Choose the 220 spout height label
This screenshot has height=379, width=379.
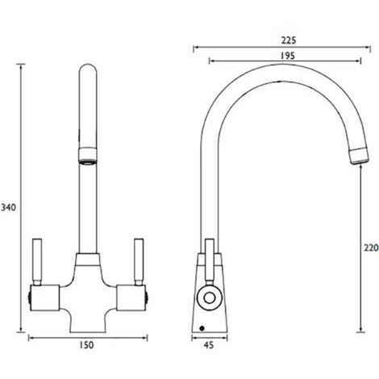pos(370,248)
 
